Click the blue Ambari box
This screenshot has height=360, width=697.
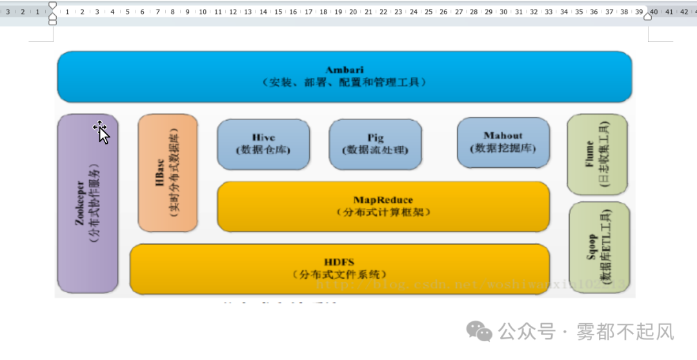point(345,77)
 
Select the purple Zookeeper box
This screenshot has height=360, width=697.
point(88,203)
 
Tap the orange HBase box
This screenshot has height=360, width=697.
point(168,172)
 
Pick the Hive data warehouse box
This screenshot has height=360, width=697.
point(263,144)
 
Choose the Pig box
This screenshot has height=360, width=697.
point(375,144)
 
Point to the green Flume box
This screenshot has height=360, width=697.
point(597,154)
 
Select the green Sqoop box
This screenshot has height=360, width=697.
point(599,248)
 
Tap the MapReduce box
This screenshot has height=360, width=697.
point(383,206)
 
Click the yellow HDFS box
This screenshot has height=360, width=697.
point(339,268)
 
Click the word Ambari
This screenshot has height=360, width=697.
point(345,70)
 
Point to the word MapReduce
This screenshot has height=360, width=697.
point(383,200)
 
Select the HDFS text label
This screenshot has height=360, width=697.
point(339,261)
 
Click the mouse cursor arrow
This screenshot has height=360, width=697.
point(102,132)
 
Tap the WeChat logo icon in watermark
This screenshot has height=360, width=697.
point(480,332)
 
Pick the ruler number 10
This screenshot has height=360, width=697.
point(203,12)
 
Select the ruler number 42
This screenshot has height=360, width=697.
point(684,12)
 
